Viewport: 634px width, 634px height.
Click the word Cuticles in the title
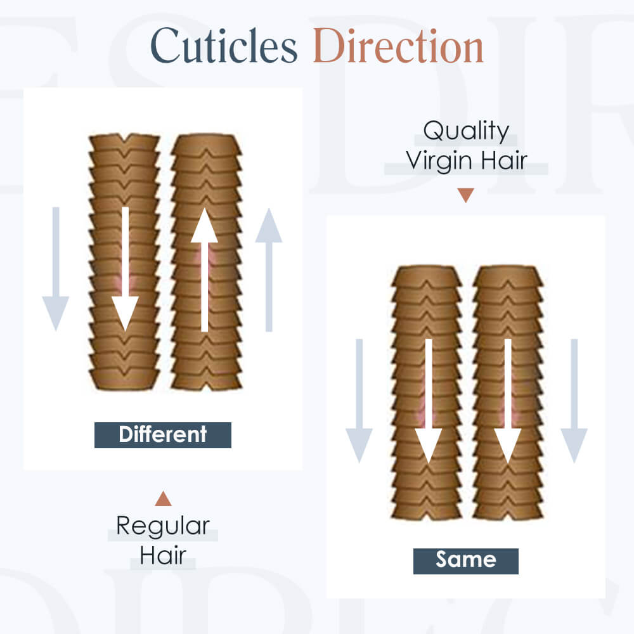pos(224,46)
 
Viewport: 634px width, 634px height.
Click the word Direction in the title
pos(398,46)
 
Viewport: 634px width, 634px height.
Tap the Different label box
pos(162,435)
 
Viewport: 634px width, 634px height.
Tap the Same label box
pos(466,561)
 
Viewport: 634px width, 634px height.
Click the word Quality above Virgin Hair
pos(466,131)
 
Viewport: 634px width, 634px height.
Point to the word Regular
pos(163,526)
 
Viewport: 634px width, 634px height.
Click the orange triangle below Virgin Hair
pos(466,195)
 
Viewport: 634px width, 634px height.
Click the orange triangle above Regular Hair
pos(164,499)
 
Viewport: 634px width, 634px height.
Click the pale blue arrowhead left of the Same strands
pos(359,446)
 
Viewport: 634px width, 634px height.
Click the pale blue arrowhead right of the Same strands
pos(574,446)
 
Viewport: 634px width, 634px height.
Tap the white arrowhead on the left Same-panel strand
pos(429,446)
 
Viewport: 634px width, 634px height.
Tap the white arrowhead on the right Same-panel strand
pos(508,446)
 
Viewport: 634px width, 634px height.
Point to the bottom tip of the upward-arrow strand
pos(207,389)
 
